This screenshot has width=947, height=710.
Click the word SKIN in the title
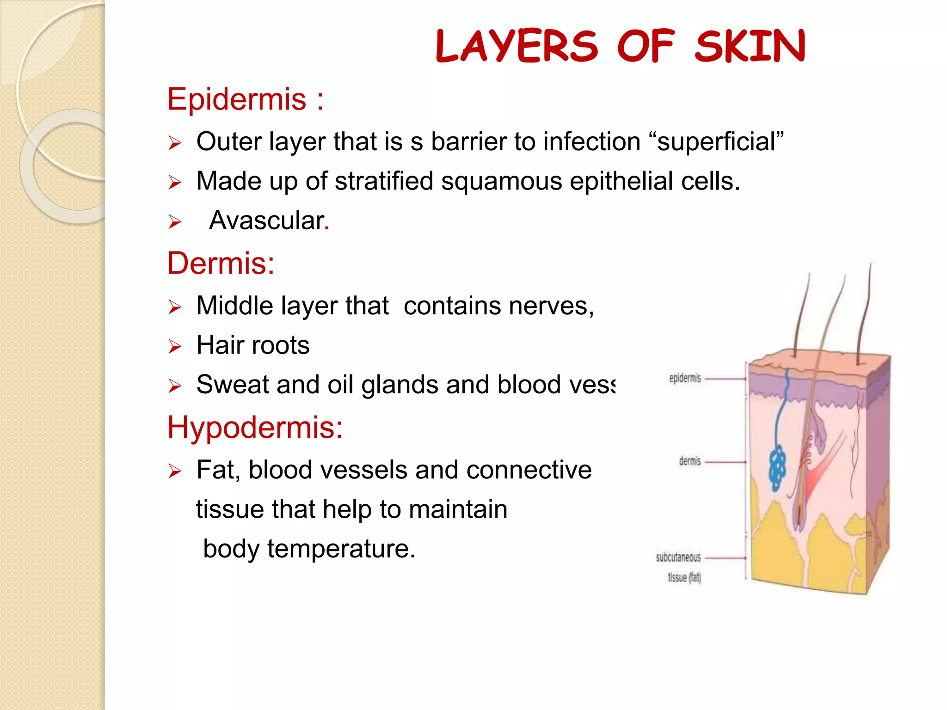click(750, 46)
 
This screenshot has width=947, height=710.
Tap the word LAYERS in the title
click(517, 46)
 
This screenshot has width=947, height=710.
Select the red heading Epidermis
click(237, 99)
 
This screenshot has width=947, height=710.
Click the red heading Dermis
click(221, 263)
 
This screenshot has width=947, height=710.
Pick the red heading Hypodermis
click(255, 427)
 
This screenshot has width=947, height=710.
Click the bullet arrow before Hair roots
click(175, 346)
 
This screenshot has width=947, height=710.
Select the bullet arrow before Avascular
click(175, 222)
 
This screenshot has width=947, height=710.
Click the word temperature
click(341, 549)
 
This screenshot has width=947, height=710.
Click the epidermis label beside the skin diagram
click(685, 379)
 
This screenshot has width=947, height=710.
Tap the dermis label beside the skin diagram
click(690, 461)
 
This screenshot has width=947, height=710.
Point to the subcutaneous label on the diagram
click(678, 557)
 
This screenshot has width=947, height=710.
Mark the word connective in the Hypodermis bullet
click(529, 470)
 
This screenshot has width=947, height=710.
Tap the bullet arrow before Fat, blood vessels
click(175, 471)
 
